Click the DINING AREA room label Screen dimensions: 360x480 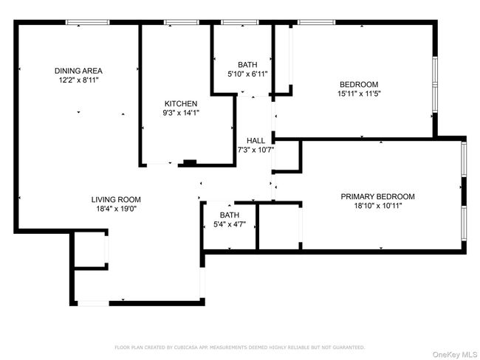click(77, 71)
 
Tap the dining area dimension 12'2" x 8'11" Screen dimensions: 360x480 click(77, 80)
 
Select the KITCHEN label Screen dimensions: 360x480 click(181, 103)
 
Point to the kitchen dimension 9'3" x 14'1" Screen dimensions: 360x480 click(181, 113)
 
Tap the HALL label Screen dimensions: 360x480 click(256, 141)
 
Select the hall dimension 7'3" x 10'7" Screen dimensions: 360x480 click(256, 150)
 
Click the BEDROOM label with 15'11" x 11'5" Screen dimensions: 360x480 click(358, 84)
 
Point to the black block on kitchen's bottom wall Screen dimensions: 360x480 click(190, 162)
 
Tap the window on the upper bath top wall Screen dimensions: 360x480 click(239, 23)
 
